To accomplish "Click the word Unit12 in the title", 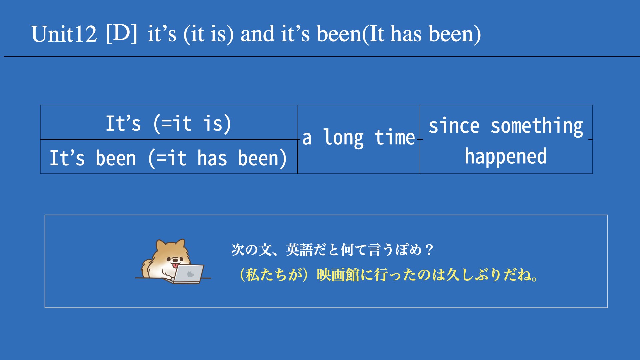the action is pos(64,34).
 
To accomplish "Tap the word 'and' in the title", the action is pos(257,34).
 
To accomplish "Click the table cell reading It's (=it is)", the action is pos(169,122).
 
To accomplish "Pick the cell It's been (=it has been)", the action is pos(169,157).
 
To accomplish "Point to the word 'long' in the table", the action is pos(343,138).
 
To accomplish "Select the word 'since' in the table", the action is pos(454,126).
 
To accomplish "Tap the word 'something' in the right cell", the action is pos(537,126).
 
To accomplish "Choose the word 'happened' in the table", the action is pos(506,156).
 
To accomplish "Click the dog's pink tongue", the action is pos(175,265).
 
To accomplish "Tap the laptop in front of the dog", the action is pos(188,274).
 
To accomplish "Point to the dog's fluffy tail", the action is pos(147,268).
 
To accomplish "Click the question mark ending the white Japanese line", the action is pos(430,249).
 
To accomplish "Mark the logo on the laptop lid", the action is pos(190,274).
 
